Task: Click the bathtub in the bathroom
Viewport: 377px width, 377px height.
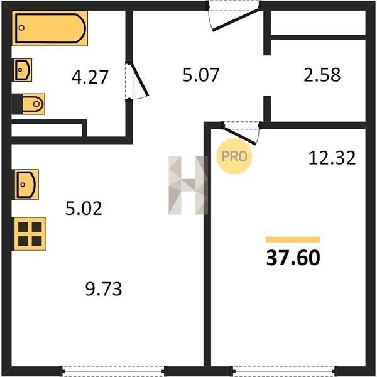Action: pyautogui.click(x=50, y=28)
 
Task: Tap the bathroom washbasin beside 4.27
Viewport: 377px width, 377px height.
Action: pyautogui.click(x=23, y=70)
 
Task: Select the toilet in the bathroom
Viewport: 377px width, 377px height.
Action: pyautogui.click(x=28, y=104)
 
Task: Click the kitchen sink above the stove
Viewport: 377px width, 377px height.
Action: pyautogui.click(x=26, y=185)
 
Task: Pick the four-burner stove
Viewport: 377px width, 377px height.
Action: pyautogui.click(x=30, y=234)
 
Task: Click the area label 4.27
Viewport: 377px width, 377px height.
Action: pyautogui.click(x=90, y=77)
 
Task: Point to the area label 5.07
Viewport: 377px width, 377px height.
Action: pyautogui.click(x=201, y=75)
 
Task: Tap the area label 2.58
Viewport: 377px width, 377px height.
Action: pyautogui.click(x=322, y=75)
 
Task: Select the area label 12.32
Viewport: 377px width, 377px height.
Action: pyautogui.click(x=332, y=158)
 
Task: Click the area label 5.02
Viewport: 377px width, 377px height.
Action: pyautogui.click(x=84, y=208)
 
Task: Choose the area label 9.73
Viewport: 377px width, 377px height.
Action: pyautogui.click(x=104, y=289)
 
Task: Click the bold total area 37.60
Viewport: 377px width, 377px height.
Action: pyautogui.click(x=293, y=258)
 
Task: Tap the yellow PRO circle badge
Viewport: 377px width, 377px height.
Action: pyautogui.click(x=234, y=156)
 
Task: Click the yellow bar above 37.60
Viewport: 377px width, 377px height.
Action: pyautogui.click(x=293, y=239)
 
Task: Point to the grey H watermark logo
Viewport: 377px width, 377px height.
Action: pyautogui.click(x=188, y=185)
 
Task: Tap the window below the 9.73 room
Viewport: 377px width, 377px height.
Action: pyautogui.click(x=113, y=371)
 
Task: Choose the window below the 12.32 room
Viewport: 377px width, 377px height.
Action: pyautogui.click(x=284, y=371)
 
